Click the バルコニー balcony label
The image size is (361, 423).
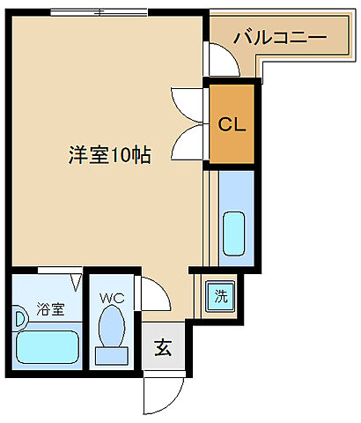coord(279,39)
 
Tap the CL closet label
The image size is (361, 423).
coord(232,123)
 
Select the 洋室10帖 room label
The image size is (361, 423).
coord(109,155)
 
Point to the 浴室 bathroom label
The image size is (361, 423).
coord(49,309)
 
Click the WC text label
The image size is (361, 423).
coord(112,298)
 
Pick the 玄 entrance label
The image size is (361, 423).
coord(164,347)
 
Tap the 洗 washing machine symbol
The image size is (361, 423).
coord(221,295)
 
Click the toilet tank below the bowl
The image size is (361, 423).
coord(112,356)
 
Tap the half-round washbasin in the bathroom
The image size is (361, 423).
coord(18,315)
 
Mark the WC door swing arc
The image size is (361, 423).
coord(155,292)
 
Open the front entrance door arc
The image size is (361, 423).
coord(166,392)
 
